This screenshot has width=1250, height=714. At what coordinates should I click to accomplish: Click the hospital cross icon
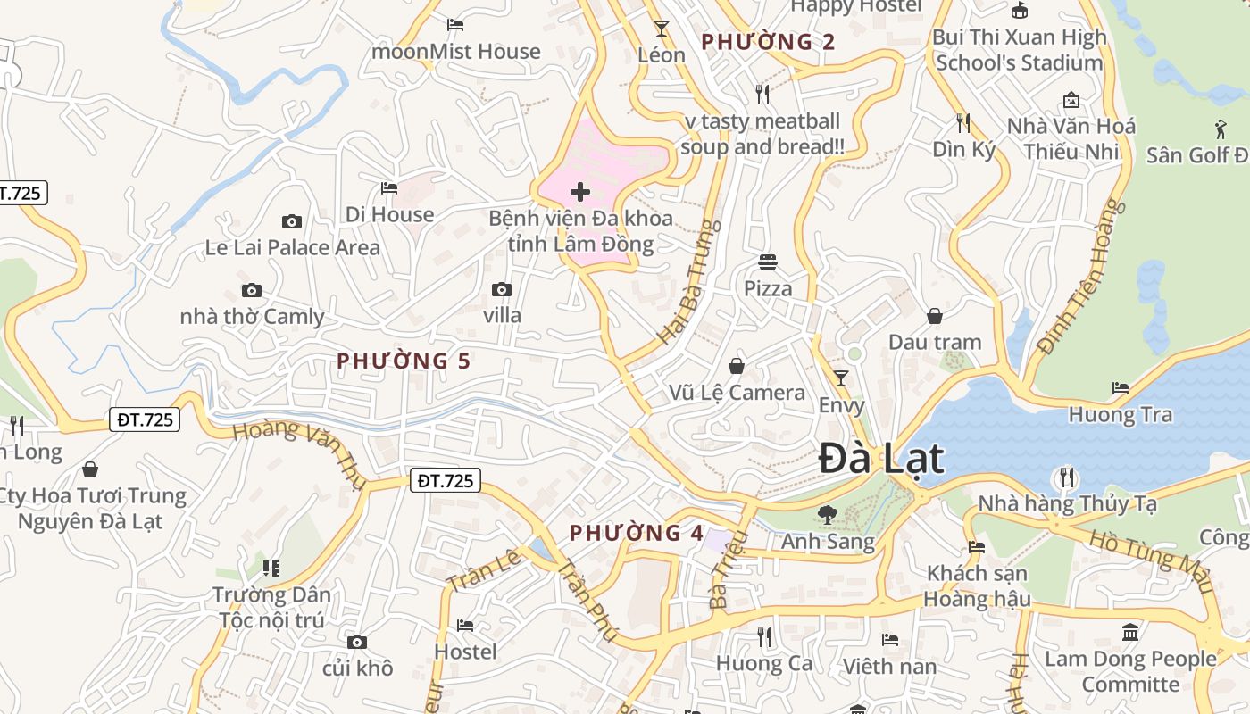[x=580, y=192]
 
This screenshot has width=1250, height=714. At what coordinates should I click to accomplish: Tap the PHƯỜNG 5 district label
[x=404, y=361]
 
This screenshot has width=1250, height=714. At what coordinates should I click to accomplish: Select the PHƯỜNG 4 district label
[x=637, y=534]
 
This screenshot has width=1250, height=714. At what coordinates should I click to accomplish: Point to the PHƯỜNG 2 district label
[x=769, y=42]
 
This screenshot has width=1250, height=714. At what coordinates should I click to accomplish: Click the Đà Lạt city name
[x=881, y=459]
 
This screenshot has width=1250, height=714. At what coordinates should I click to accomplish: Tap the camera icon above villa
[x=502, y=289]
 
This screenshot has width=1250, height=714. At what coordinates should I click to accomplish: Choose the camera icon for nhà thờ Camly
[x=252, y=290]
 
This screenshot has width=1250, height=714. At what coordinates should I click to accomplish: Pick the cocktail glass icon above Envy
[x=840, y=378]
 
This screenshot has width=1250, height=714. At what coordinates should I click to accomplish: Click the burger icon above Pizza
[x=768, y=262]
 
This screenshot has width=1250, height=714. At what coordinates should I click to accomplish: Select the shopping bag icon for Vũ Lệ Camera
[x=737, y=366]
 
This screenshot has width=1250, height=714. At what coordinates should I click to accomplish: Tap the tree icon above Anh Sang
[x=827, y=514]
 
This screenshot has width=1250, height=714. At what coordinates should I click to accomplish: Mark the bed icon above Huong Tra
[x=1121, y=388]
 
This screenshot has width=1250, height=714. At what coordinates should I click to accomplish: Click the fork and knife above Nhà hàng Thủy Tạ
[x=1066, y=477]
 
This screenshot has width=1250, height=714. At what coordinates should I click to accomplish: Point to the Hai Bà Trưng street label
[x=689, y=281]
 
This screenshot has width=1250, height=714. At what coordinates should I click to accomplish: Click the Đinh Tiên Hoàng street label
[x=1078, y=277]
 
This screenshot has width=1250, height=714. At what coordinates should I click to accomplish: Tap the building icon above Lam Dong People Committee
[x=1130, y=633]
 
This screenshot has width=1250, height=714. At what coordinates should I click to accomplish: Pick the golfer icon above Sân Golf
[x=1221, y=129]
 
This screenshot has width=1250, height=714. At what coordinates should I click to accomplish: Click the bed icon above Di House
[x=389, y=188]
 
